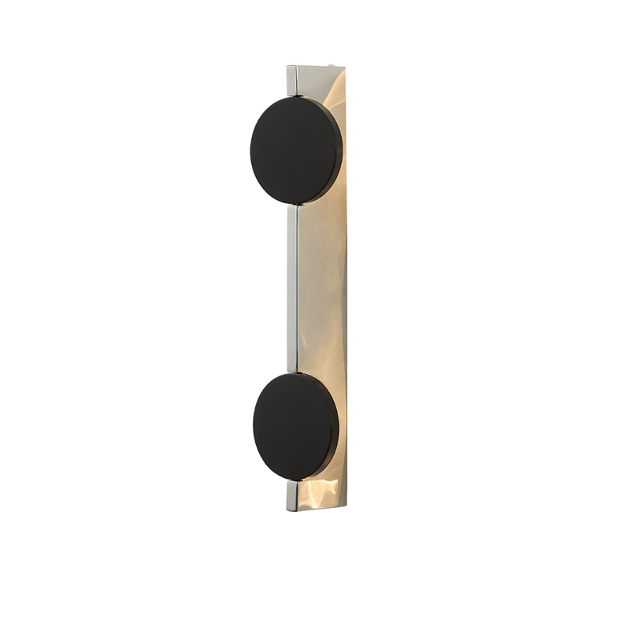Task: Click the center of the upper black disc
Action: [295, 150]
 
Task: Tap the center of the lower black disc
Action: [295, 427]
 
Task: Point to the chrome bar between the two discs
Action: [292, 289]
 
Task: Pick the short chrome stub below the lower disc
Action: [292, 495]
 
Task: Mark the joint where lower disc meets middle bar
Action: [292, 372]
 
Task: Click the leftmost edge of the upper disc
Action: [250, 150]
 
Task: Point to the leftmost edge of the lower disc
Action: [254, 427]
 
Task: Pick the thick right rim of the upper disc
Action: [339, 150]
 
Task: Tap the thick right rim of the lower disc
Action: [335, 427]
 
